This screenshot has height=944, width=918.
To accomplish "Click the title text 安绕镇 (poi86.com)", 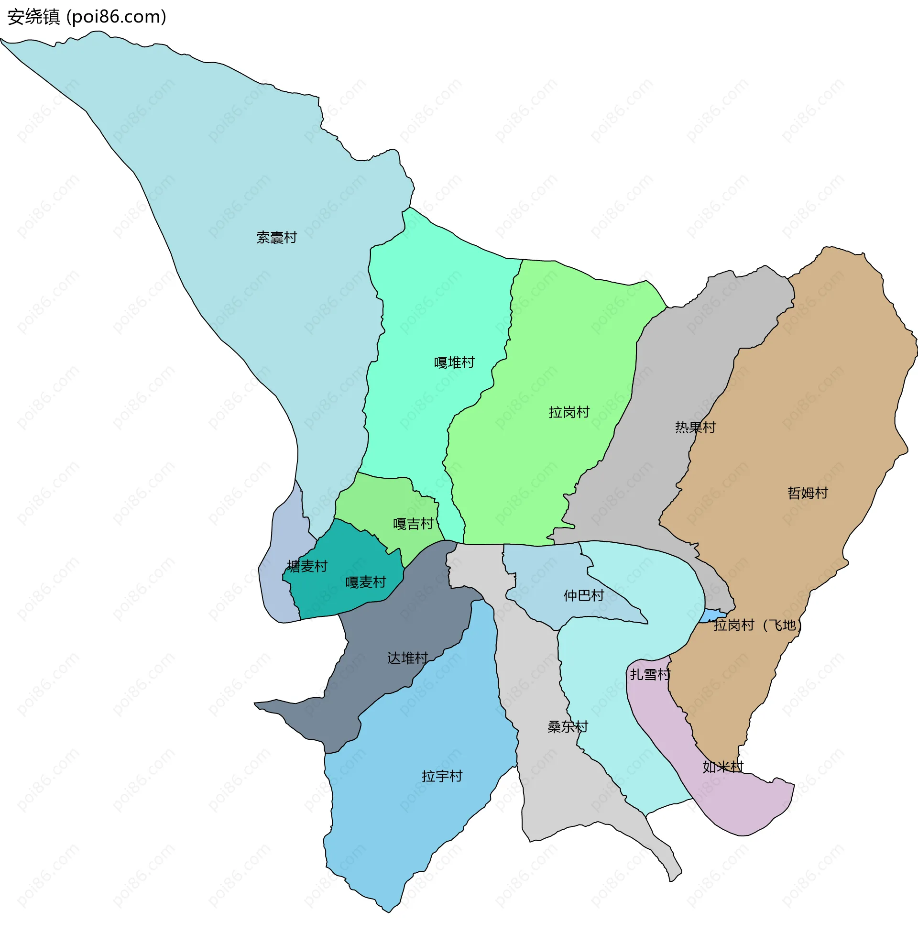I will click(87, 17).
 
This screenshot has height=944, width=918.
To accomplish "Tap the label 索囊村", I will click(276, 238).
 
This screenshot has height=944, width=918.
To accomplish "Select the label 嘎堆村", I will click(454, 362).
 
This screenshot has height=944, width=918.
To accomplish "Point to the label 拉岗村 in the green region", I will click(569, 412).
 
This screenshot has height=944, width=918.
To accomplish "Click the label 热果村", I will click(695, 427).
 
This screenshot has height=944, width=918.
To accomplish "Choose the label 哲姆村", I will click(808, 493).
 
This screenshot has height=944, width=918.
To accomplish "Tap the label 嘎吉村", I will click(413, 524).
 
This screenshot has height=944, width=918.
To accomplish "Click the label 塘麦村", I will click(307, 566).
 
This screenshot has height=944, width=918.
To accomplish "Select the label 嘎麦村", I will click(365, 582).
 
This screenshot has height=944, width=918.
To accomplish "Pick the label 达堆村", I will click(407, 658).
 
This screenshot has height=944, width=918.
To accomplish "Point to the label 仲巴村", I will click(583, 595).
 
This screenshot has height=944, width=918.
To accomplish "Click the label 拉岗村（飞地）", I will click(757, 626).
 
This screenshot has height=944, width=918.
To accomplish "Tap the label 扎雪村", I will click(650, 674).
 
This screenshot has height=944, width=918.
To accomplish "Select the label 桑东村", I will click(568, 726).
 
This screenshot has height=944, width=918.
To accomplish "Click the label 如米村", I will click(723, 767).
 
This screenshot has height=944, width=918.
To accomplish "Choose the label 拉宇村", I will click(442, 776).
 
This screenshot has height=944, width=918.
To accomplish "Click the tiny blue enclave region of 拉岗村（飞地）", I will click(712, 616).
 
